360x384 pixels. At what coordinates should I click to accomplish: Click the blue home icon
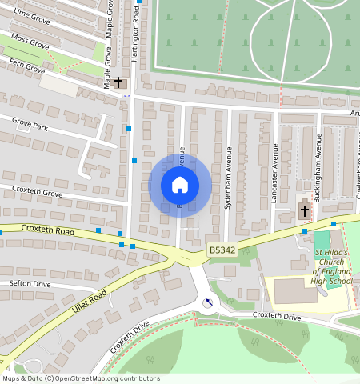(x=180, y=185)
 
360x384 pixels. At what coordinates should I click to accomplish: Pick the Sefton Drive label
(x=30, y=284)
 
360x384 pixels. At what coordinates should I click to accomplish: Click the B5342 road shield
(x=222, y=250)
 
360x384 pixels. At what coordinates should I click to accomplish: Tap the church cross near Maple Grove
(x=119, y=82)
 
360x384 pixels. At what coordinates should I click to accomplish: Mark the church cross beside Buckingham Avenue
(x=304, y=211)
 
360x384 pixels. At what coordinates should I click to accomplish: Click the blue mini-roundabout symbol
(x=208, y=302)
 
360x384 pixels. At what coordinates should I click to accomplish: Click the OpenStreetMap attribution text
(x=80, y=378)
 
